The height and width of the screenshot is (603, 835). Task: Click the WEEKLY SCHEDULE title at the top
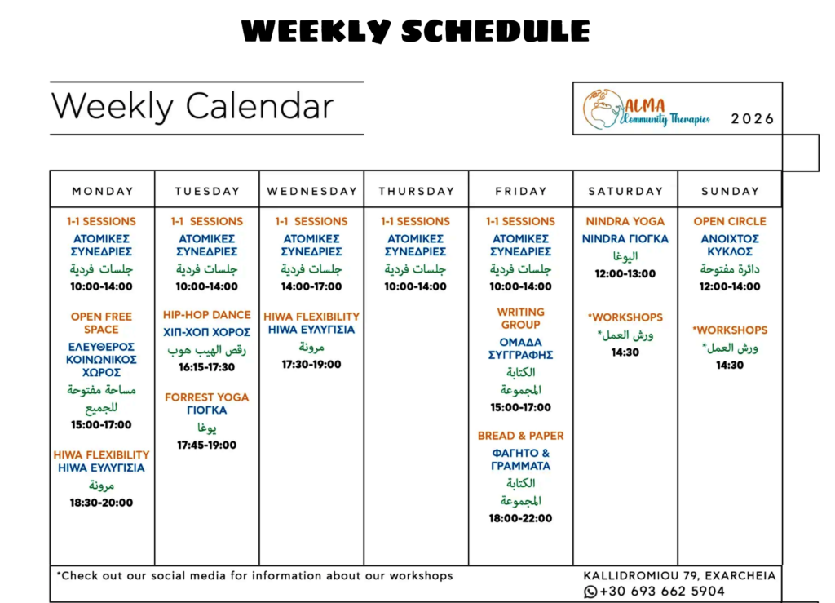click(415, 31)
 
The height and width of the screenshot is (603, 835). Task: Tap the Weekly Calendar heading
click(192, 106)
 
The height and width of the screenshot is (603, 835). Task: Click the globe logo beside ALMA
click(603, 109)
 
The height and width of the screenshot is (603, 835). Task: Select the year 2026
click(752, 118)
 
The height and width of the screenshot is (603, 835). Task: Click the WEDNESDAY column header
click(312, 191)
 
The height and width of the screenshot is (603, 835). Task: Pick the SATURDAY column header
click(625, 191)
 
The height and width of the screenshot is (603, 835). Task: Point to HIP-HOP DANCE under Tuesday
click(206, 315)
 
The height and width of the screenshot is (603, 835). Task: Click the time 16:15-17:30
click(206, 367)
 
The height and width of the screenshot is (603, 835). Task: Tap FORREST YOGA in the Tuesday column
click(206, 397)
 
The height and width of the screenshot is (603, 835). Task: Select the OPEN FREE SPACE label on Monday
click(101, 323)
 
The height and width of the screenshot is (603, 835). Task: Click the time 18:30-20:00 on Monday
click(101, 503)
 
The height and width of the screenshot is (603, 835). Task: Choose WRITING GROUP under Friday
click(521, 318)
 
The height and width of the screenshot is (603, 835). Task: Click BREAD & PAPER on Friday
click(521, 436)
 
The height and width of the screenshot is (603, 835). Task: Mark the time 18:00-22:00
click(521, 518)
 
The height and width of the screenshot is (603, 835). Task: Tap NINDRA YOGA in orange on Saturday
click(625, 222)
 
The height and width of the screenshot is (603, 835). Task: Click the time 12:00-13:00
click(625, 274)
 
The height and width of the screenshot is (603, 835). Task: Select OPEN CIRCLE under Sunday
click(730, 222)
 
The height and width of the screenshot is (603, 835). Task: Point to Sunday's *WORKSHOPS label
click(730, 330)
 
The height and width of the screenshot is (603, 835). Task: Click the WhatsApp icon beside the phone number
click(590, 592)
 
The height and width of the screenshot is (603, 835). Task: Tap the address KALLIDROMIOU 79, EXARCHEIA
click(679, 576)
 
